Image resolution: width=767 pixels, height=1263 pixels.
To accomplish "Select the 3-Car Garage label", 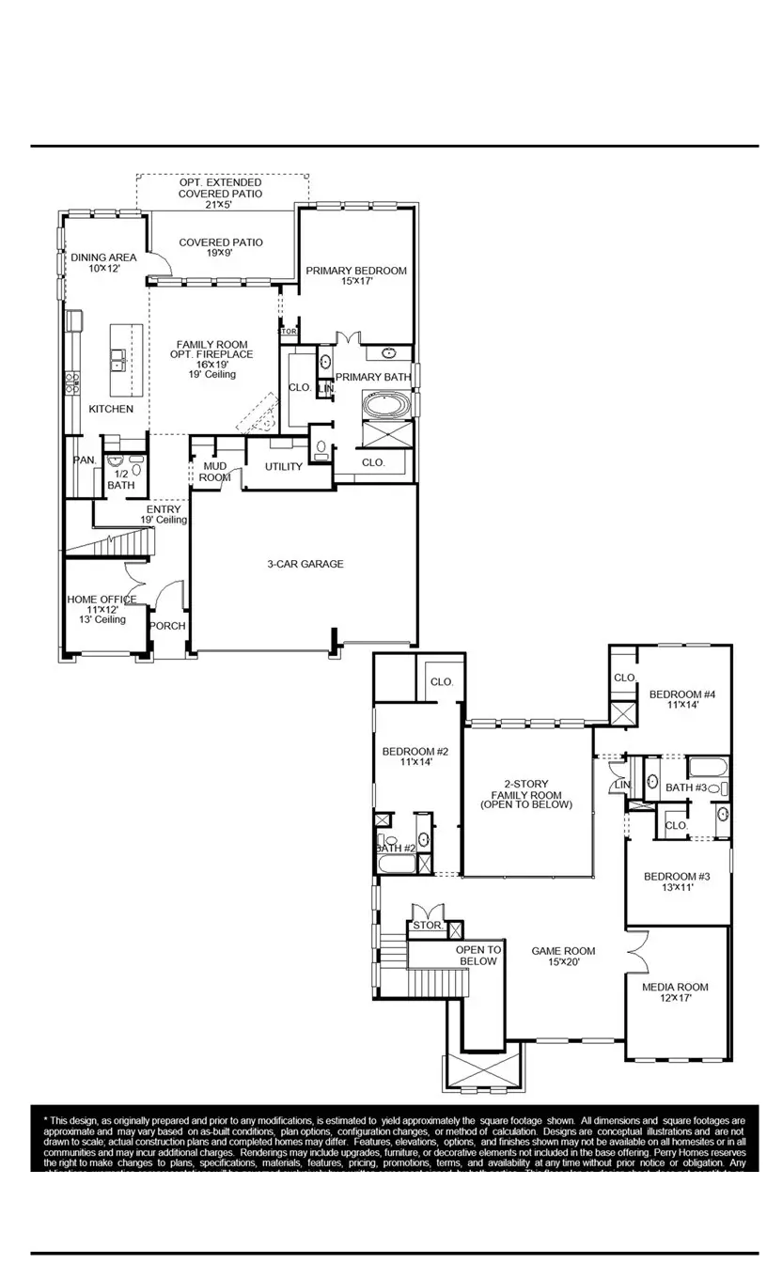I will (x=305, y=564).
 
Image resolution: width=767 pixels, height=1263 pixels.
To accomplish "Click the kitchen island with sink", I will (x=127, y=360).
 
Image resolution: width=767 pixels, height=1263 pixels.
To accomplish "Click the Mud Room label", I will (x=214, y=472).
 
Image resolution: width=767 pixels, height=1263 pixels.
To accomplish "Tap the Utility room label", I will (x=283, y=466).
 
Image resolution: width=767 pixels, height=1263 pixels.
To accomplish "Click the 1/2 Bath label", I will (x=120, y=480).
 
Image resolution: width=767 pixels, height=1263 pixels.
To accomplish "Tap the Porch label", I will (x=168, y=626).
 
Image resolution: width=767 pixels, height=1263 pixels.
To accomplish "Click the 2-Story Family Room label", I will (x=525, y=794).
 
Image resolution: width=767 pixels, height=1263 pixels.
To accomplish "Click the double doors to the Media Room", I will (x=635, y=953).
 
